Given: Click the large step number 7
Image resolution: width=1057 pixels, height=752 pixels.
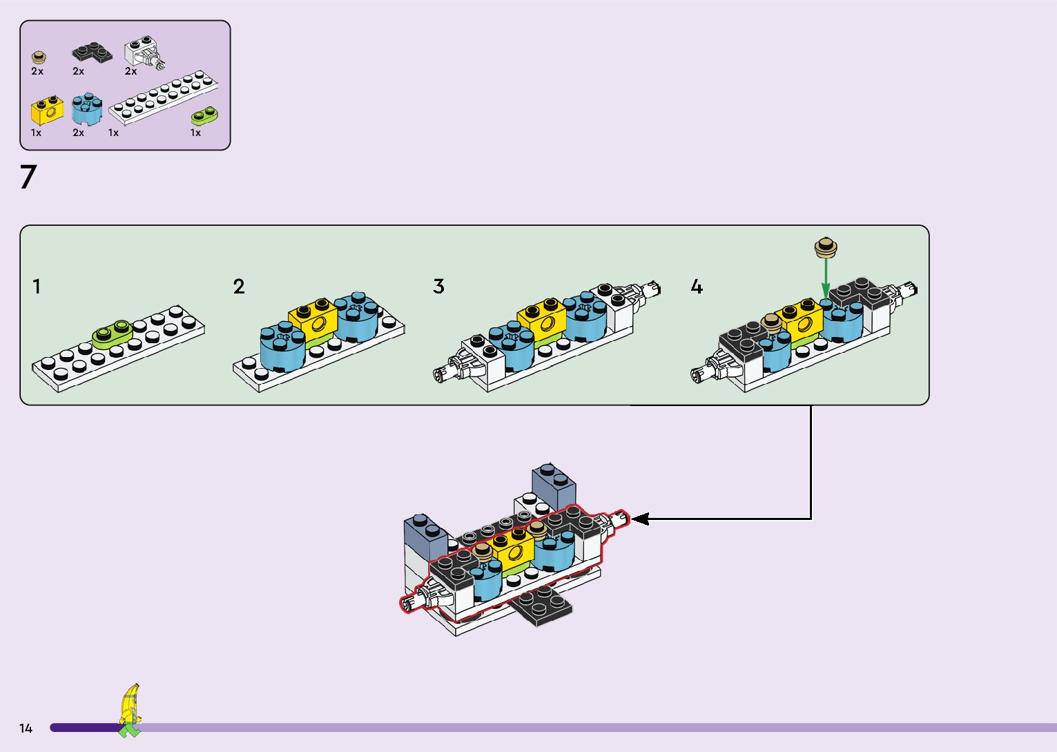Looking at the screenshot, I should pos(28,177).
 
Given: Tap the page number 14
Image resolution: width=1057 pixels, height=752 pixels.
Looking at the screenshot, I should pos(26,728).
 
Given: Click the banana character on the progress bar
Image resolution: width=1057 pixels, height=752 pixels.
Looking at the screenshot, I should pos(130,710).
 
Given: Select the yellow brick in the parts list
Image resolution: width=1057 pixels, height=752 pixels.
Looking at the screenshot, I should pos(47,110).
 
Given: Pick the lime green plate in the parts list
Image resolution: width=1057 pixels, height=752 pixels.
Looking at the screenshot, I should pos(204,115).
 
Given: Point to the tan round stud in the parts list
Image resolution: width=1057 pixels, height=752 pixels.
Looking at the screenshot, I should pos(39,57).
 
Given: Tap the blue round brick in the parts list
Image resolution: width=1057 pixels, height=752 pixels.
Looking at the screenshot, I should pos(87,109).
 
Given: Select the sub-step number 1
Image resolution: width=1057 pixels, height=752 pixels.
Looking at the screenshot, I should pos(37,286).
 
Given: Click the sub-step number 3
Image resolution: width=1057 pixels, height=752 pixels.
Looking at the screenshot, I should pos(438,286).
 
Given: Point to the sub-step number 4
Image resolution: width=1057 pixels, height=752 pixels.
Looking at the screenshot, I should pos(697,287).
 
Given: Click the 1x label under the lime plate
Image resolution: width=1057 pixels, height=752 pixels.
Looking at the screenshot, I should pos(195,133).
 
